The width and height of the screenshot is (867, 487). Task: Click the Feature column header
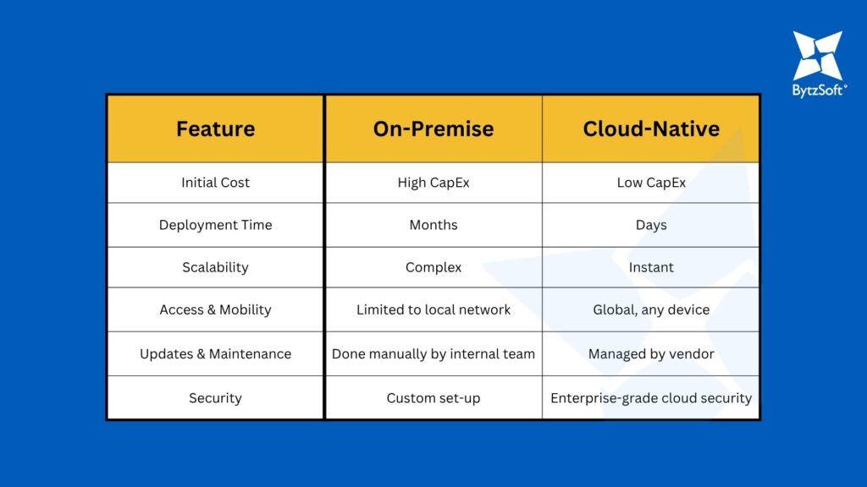tap(216, 129)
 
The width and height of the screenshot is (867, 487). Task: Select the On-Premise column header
tap(433, 129)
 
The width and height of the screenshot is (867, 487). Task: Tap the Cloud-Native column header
tap(651, 129)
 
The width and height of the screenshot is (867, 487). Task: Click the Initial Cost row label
tap(216, 183)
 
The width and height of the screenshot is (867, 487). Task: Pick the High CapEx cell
tap(433, 183)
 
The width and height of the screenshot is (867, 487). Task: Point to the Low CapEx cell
tap(651, 183)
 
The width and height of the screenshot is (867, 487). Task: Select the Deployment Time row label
tap(216, 225)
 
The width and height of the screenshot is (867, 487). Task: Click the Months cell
tap(433, 225)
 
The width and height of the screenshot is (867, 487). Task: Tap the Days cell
tap(651, 225)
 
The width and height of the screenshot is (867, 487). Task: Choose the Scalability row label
tap(216, 267)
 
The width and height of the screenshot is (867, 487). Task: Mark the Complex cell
tap(433, 268)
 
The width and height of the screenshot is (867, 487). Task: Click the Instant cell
tap(651, 267)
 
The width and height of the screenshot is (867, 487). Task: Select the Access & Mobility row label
tap(216, 309)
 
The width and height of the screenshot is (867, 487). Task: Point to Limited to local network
tap(433, 309)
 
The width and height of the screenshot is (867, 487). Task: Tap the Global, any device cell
tap(651, 309)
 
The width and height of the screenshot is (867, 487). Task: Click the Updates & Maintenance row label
tap(216, 354)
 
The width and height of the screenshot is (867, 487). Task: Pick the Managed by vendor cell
tap(651, 354)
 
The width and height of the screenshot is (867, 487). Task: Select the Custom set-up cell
tap(433, 398)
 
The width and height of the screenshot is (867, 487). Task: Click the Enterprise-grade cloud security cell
tap(651, 398)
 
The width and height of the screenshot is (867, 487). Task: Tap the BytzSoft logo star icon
tap(818, 56)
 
